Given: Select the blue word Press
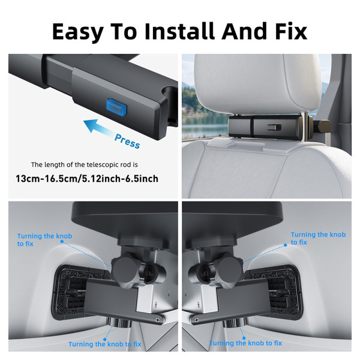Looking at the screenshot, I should pos(127,140).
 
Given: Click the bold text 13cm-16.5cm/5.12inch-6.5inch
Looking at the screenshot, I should pos(88,179).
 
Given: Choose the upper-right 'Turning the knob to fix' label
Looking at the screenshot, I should pos(317,238).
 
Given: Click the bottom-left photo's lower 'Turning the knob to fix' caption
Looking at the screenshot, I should pos(104,343).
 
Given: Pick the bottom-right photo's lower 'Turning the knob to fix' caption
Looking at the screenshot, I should pos(246,343).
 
